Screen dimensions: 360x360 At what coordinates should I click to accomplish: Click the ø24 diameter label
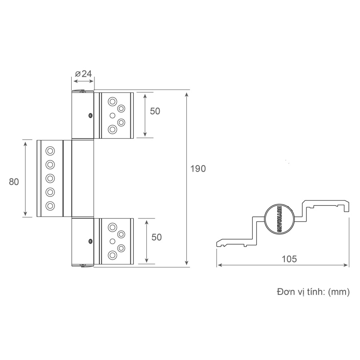[83, 74]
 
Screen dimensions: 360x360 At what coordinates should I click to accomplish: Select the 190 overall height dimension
[198, 169]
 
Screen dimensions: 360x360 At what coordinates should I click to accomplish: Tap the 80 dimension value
[14, 182]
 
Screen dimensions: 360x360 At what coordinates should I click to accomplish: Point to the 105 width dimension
[289, 259]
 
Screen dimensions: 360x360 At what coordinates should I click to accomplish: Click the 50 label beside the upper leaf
[155, 111]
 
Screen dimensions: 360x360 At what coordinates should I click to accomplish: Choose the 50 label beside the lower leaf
[156, 237]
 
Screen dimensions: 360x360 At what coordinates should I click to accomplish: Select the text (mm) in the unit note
[339, 292]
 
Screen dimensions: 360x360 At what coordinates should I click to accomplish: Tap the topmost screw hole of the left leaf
[50, 151]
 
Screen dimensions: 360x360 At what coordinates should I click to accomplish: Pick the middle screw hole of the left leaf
[50, 178]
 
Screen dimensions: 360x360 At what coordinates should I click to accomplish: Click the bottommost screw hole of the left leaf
[50, 206]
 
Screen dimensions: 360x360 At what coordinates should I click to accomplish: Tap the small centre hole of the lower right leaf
[112, 240]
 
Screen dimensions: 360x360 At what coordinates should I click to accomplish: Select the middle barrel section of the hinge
[82, 178]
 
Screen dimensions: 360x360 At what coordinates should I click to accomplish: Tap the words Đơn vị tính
[300, 292]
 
